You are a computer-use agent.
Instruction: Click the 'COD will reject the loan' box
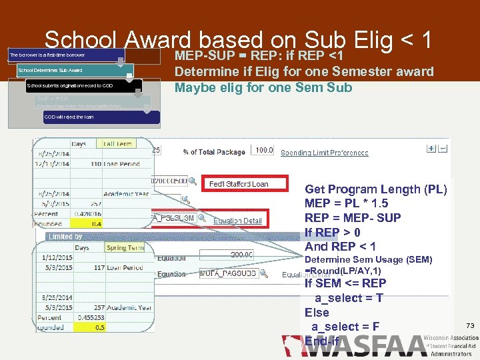tap(100, 117)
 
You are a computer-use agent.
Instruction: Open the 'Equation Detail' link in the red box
tap(237, 219)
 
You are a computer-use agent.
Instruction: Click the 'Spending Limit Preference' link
tap(324, 153)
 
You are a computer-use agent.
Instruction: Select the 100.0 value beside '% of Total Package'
tap(264, 151)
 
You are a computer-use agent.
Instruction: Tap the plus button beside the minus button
tap(431, 149)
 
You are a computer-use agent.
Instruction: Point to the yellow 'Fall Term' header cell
tap(117, 143)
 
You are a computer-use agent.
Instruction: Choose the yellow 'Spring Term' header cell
tap(125, 248)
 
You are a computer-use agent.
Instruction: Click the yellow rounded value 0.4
tap(97, 223)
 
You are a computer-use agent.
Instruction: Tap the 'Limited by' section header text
tap(65, 237)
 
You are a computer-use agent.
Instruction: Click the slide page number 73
tap(469, 325)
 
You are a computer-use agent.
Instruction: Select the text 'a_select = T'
tap(348, 297)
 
